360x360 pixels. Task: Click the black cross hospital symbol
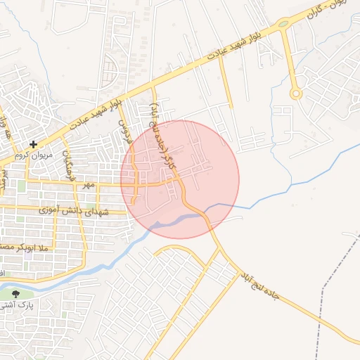(x=33, y=144)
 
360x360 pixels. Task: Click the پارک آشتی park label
(x=23, y=307)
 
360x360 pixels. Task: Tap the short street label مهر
(x=88, y=184)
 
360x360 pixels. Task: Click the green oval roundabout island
(x=283, y=23)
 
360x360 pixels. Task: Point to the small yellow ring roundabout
(x=296, y=93)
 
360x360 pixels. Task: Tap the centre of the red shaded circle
(x=180, y=179)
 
